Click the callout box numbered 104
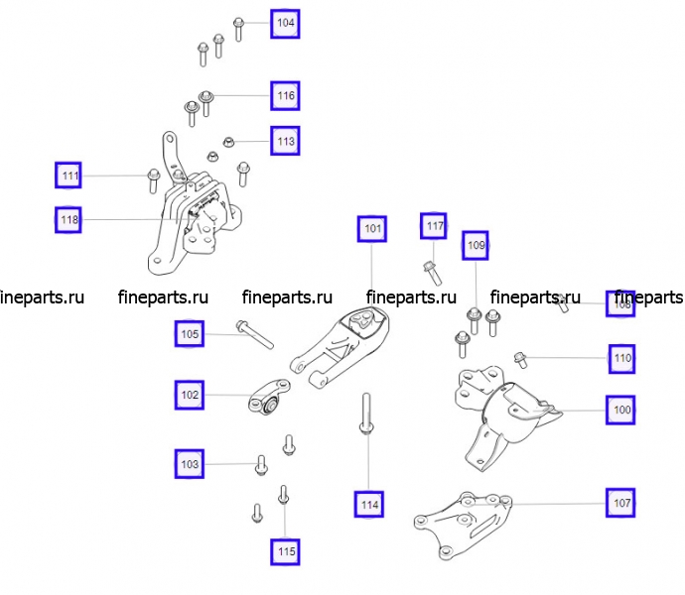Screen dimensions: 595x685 (285, 22)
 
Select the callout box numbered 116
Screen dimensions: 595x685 (285, 95)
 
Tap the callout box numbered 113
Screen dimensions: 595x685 (285, 142)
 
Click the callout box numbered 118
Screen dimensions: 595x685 (68, 219)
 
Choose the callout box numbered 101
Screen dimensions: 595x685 (372, 229)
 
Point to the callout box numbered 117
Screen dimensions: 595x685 (435, 227)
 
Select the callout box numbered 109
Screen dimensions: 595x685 (477, 244)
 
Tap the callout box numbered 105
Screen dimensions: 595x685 (190, 334)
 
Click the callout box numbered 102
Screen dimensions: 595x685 (190, 394)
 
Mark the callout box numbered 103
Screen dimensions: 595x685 (189, 463)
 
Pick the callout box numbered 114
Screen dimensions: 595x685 (369, 505)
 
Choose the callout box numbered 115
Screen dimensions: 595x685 (286, 550)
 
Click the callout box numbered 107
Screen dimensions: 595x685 (621, 503)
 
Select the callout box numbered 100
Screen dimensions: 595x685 (621, 409)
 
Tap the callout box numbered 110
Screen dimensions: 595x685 (621, 357)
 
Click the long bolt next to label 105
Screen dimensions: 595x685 (254, 333)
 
